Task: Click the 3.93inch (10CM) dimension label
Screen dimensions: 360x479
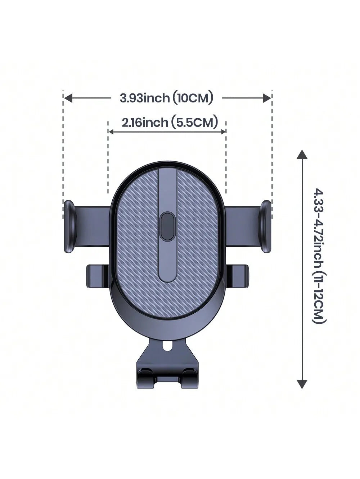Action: (x=166, y=98)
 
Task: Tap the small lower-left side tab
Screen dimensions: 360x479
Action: (x=98, y=276)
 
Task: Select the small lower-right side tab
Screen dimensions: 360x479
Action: (x=237, y=276)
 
